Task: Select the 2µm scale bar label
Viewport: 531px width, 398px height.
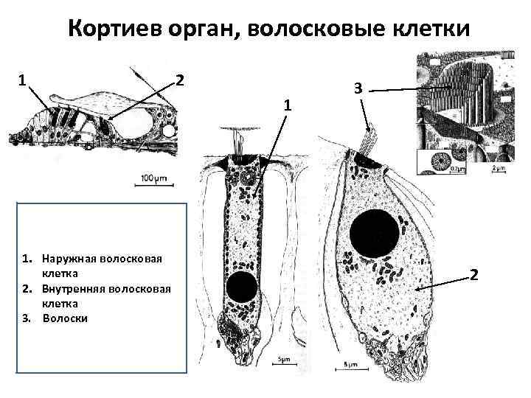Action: click(x=499, y=168)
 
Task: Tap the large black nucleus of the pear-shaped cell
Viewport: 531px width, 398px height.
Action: click(x=374, y=237)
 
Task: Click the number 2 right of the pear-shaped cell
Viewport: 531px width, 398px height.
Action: click(x=474, y=275)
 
